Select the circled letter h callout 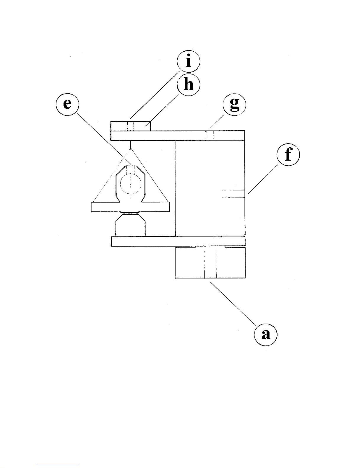(188, 85)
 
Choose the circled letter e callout (67, 104)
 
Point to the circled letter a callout (266, 334)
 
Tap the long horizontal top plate (177, 136)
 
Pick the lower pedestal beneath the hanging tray (130, 226)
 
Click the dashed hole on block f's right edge (233, 194)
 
